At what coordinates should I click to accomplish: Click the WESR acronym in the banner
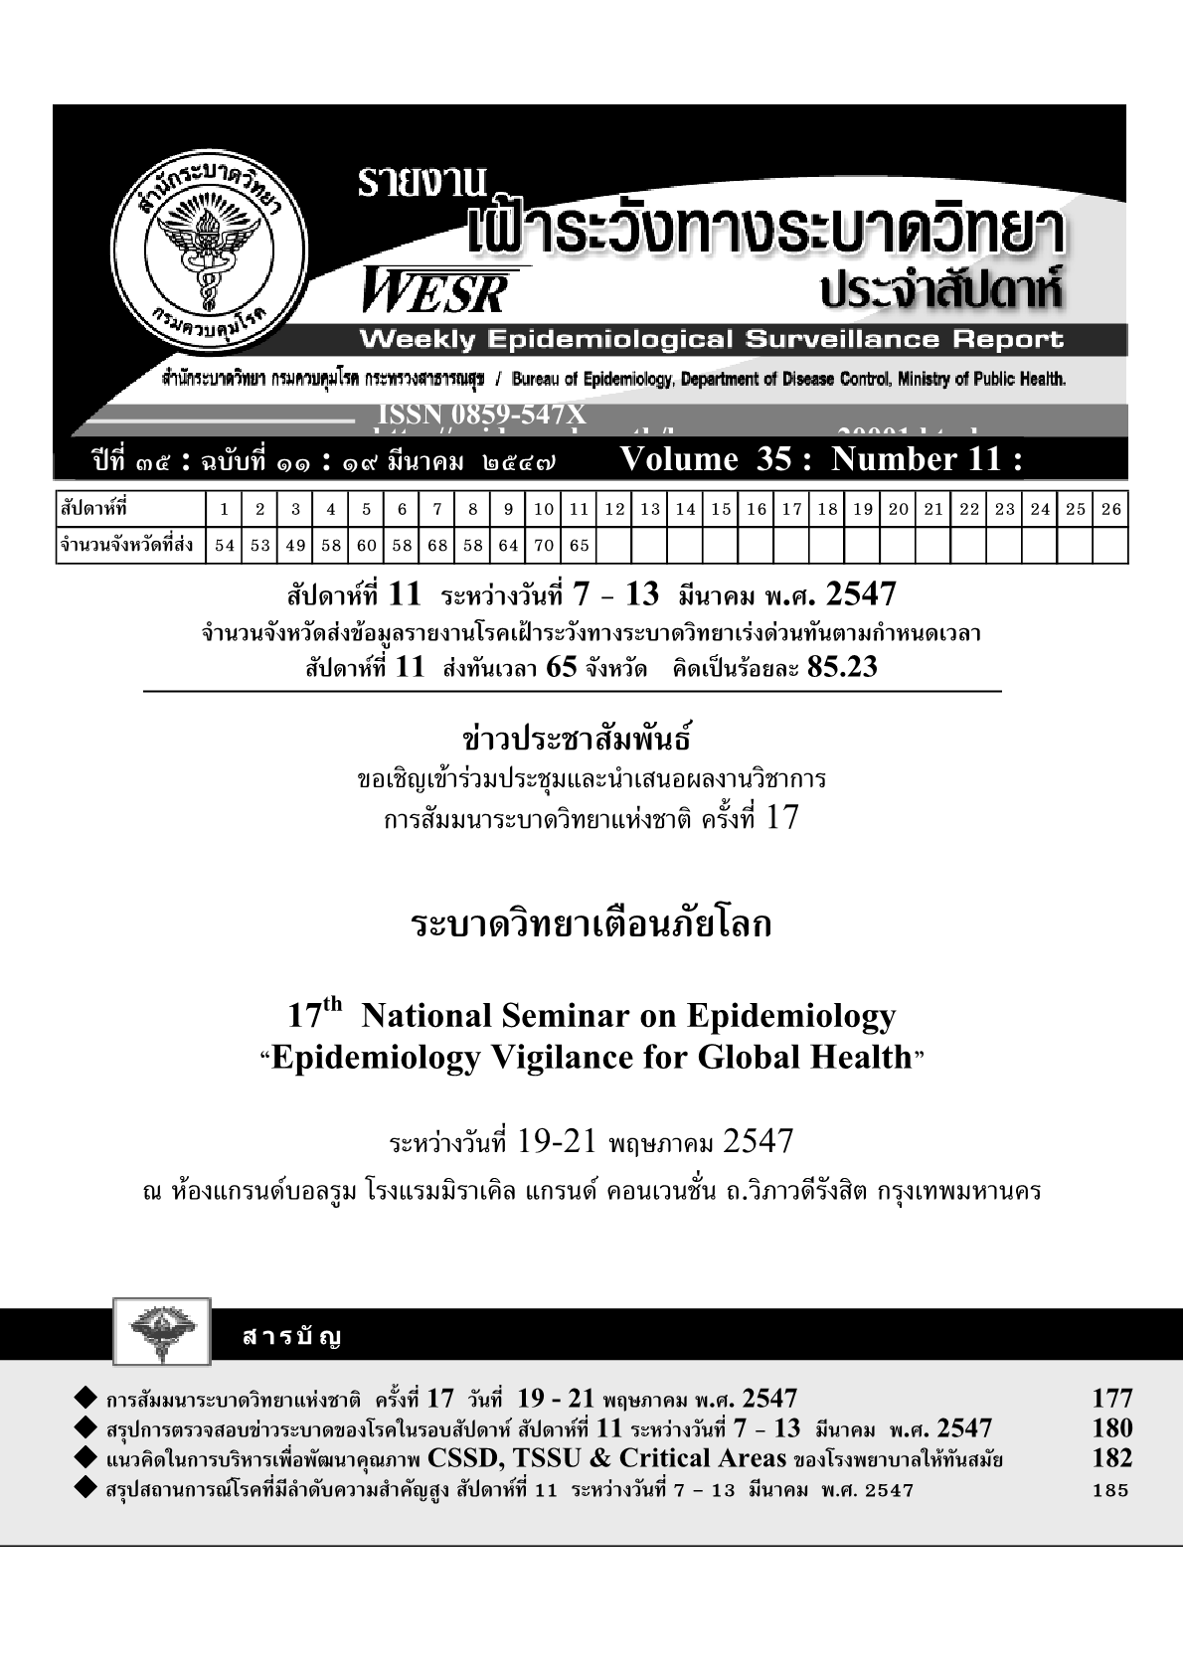pos(436,292)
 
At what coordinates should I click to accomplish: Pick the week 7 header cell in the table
pos(436,510)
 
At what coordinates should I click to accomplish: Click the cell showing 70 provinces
pos(544,545)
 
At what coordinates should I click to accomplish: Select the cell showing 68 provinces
pos(436,545)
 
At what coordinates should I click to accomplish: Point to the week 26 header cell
pos(1110,510)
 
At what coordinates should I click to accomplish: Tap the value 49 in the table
pos(295,545)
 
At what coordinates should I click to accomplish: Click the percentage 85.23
pos(843,667)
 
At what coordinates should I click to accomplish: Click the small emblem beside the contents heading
pos(162,1330)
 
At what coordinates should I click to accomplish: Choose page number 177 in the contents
pos(1111,1399)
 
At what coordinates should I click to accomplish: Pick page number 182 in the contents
pos(1111,1458)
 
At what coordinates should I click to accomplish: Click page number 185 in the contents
pos(1110,1490)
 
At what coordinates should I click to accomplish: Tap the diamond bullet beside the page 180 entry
pos(84,1428)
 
